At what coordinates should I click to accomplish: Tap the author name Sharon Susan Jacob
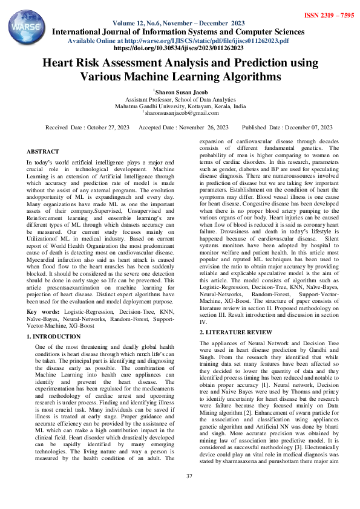pyautogui.click(x=180, y=91)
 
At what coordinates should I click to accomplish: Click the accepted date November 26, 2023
pyautogui.click(x=184, y=128)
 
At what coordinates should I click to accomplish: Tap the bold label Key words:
pyautogui.click(x=42, y=312)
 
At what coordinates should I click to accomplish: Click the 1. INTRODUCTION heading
pyautogui.click(x=54, y=336)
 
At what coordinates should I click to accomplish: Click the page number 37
pyautogui.click(x=189, y=476)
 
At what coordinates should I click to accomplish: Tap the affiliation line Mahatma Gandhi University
pyautogui.click(x=180, y=106)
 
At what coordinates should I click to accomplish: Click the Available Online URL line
pyautogui.click(x=179, y=40)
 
